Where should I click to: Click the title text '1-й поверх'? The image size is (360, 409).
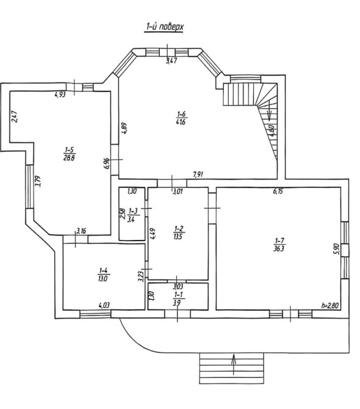(164, 27)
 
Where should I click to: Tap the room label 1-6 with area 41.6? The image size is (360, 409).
(181, 118)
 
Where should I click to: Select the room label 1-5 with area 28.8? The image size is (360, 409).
(69, 154)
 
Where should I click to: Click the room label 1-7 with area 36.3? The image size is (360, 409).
(279, 244)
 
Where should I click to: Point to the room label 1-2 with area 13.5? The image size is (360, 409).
(178, 233)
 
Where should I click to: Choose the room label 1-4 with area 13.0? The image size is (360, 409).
(104, 275)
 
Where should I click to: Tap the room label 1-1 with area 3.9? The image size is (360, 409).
(178, 299)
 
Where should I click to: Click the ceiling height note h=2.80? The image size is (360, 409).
(330, 306)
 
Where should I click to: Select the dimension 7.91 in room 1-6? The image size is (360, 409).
(198, 175)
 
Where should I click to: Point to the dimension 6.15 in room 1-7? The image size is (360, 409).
(278, 191)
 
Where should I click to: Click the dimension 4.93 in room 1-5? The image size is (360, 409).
(60, 95)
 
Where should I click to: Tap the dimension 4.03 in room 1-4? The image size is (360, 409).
(104, 305)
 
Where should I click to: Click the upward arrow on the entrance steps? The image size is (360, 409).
(234, 364)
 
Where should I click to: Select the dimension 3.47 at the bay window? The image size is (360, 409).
(171, 61)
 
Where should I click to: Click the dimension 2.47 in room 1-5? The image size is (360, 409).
(14, 117)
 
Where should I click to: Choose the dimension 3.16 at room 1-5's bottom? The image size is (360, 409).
(81, 231)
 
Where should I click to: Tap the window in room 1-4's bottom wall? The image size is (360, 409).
(95, 314)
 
